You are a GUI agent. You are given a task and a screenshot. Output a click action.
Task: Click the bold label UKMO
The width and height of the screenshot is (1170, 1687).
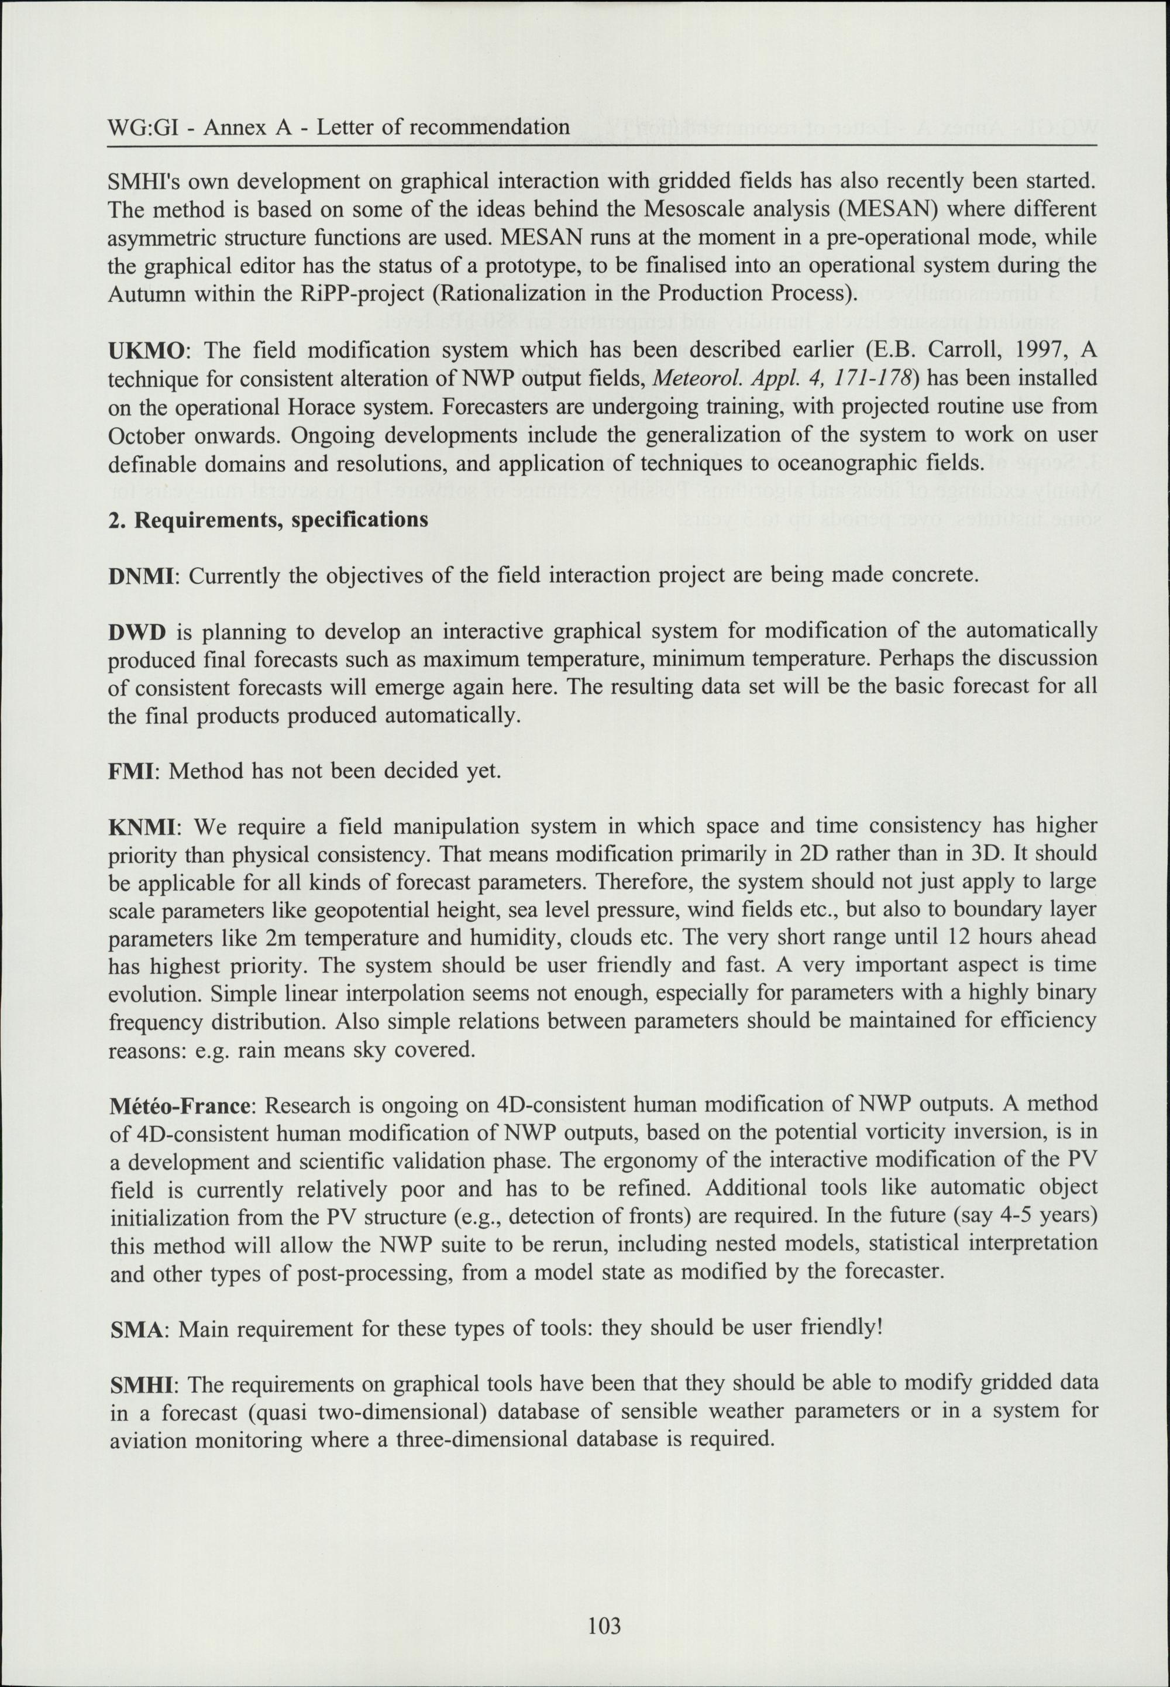145,351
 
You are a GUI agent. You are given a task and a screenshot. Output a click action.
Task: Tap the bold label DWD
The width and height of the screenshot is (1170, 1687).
137,632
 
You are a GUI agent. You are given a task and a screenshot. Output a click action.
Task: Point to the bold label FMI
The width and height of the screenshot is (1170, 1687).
135,771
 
